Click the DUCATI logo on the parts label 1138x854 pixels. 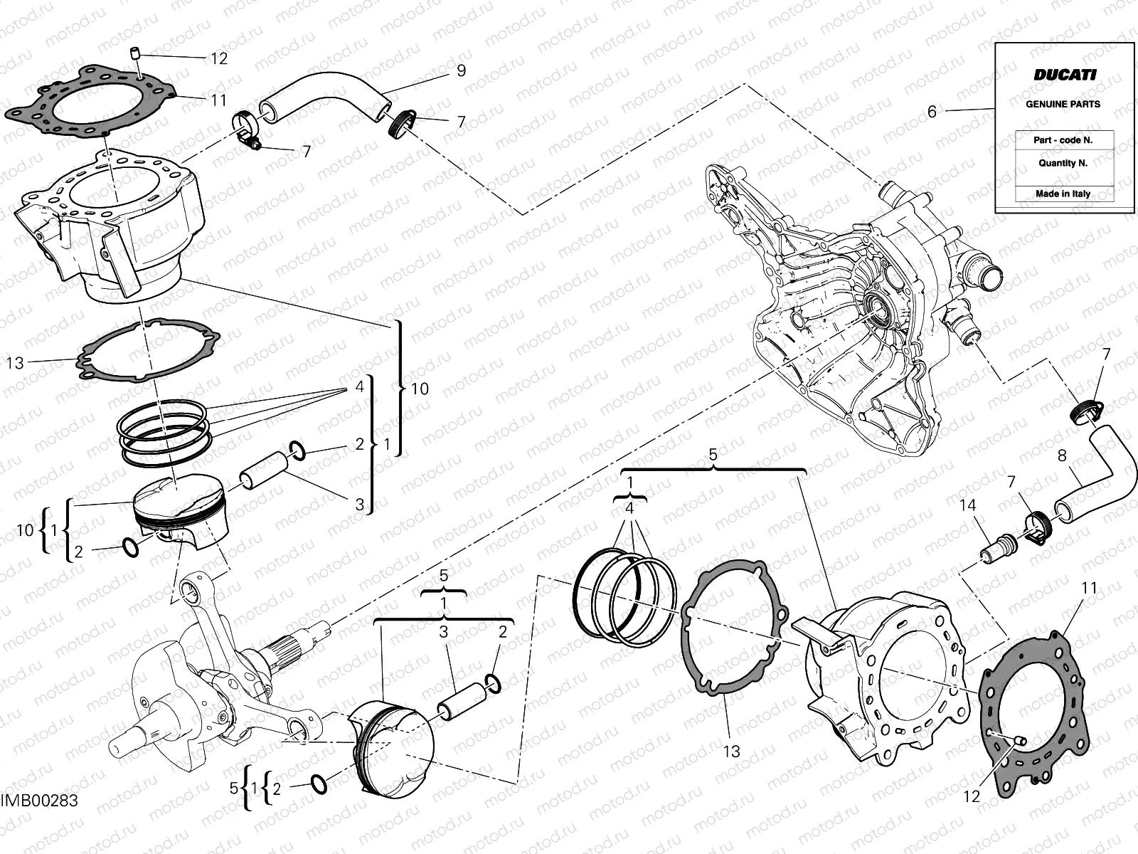(1064, 74)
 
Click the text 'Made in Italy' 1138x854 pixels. (1063, 194)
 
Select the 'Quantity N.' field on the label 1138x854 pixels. (1063, 162)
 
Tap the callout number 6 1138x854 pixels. (932, 112)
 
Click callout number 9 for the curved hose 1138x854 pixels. (461, 70)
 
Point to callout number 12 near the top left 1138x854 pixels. (219, 58)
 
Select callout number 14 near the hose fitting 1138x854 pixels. (968, 506)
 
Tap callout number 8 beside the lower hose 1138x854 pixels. (1062, 455)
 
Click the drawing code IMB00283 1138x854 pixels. (39, 801)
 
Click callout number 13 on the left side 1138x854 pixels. (15, 363)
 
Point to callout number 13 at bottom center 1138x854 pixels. (731, 751)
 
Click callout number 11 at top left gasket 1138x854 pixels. (218, 100)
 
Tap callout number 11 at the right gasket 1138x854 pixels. (1089, 588)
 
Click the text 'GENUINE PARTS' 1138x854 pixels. (1063, 104)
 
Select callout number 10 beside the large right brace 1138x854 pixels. (420, 389)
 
